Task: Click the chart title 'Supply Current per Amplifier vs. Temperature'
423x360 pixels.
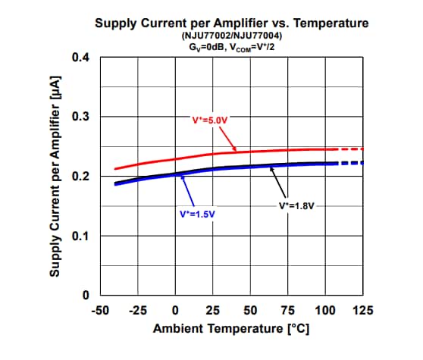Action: click(x=231, y=23)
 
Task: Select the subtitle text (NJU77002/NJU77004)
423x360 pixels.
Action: click(x=231, y=36)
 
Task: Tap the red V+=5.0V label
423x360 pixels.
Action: click(x=210, y=120)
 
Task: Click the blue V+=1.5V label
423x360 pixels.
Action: click(x=197, y=214)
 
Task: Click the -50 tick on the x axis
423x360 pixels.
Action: click(x=100, y=311)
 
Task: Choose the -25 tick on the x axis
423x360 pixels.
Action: click(x=137, y=311)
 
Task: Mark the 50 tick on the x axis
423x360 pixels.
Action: click(x=250, y=311)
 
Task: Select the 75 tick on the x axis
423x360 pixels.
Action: click(x=288, y=311)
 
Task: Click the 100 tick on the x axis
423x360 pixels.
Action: click(x=325, y=311)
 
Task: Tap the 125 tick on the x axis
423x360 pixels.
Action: click(x=362, y=311)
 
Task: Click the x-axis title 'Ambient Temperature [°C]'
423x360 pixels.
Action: click(x=231, y=330)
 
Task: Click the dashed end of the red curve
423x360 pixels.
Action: click(x=349, y=149)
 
